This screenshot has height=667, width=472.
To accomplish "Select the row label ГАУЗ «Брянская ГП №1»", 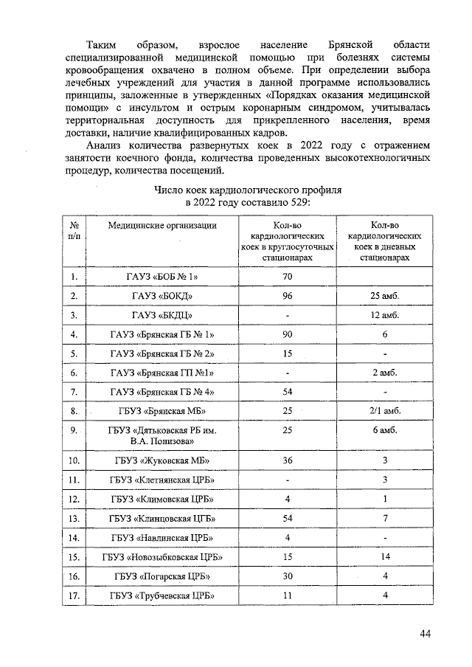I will [166, 373].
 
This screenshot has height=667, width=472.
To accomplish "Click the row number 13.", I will [74, 518].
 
